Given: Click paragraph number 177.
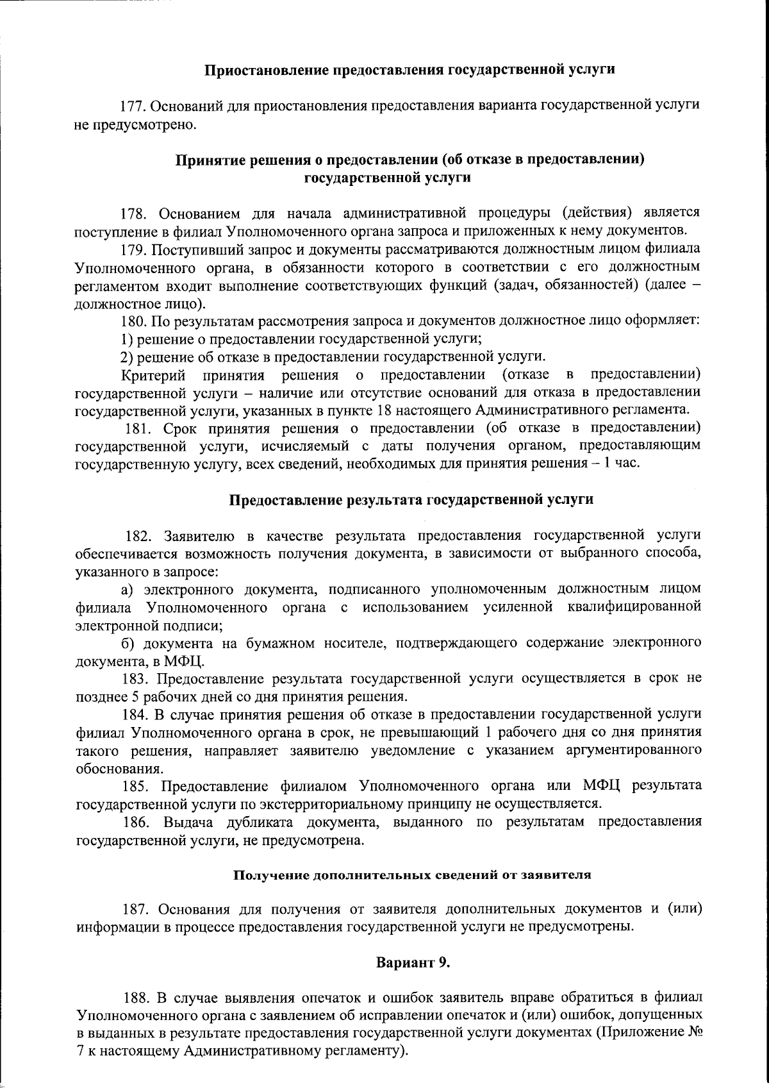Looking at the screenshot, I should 135,105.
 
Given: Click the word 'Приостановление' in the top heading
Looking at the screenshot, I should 265,69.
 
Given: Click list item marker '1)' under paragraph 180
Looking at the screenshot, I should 126,338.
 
